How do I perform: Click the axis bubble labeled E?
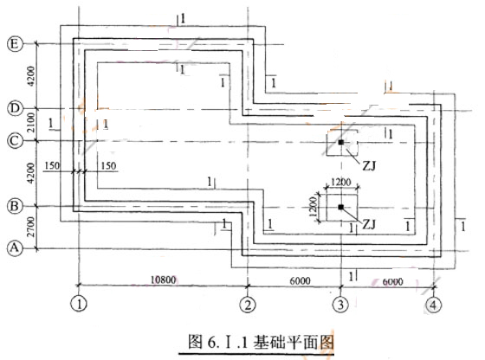(x=15, y=44)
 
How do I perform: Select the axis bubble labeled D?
(x=15, y=108)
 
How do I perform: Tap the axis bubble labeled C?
(x=15, y=141)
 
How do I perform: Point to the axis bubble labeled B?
(x=15, y=206)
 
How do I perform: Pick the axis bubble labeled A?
(x=15, y=248)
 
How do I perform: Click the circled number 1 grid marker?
(x=79, y=304)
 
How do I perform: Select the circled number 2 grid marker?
(x=248, y=305)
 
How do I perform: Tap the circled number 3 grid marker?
(x=340, y=305)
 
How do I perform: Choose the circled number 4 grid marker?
(x=433, y=305)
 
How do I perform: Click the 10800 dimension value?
(x=164, y=280)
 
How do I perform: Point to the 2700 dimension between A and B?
(x=30, y=227)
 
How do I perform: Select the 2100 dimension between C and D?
(x=31, y=123)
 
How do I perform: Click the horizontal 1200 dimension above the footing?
(x=341, y=182)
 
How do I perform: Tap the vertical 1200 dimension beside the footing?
(x=313, y=207)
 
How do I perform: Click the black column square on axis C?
(x=341, y=143)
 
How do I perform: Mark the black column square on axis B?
(x=341, y=207)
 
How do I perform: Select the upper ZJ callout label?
(x=369, y=166)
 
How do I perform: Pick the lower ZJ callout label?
(x=369, y=224)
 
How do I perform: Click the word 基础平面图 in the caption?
(x=294, y=342)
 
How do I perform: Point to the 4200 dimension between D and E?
(x=31, y=76)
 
